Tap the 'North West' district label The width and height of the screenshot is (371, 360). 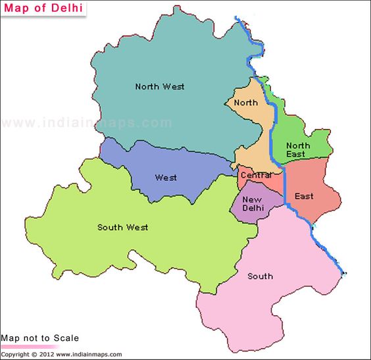point(159,86)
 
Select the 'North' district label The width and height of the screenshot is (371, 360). point(245,103)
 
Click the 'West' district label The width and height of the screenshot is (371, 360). point(166,178)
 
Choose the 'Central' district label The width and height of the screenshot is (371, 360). point(256,175)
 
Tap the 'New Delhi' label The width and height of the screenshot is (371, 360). point(253,204)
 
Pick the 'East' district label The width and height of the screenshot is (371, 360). point(304,196)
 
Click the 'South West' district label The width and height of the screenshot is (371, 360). point(122,227)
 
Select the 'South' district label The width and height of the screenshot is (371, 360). point(260,276)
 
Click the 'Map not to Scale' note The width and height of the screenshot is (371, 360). point(39,338)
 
